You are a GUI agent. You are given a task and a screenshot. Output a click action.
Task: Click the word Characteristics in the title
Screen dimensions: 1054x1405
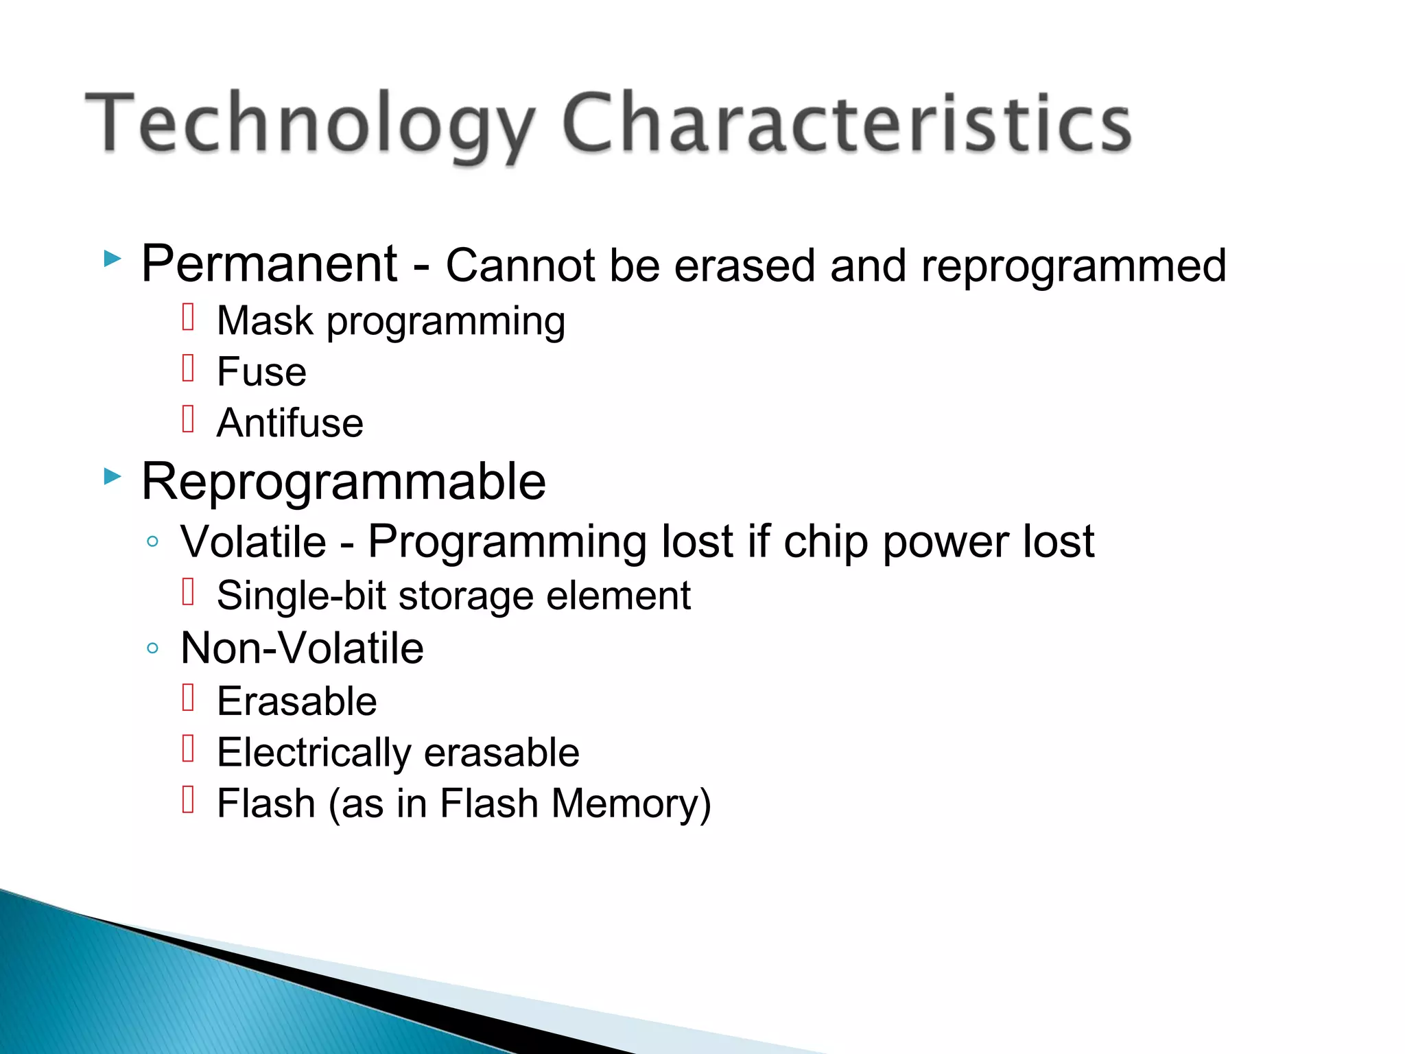(847, 124)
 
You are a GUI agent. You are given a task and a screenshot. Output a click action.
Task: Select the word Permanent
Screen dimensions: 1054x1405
(269, 264)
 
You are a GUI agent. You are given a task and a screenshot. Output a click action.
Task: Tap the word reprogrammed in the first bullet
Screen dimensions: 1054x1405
(1073, 266)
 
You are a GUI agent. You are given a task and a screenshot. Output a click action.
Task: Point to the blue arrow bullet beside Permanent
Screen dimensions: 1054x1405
(113, 259)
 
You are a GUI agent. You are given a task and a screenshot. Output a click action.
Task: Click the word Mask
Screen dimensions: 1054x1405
(265, 320)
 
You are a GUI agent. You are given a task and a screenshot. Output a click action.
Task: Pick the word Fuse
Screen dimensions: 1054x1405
(261, 372)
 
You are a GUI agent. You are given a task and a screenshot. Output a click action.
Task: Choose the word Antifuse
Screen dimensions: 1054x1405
(290, 423)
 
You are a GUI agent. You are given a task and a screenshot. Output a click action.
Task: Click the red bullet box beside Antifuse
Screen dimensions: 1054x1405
(189, 419)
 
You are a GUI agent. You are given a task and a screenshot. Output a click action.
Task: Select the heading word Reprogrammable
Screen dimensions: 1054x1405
(344, 482)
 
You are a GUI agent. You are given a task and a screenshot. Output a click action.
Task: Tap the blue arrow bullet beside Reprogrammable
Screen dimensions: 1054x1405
(113, 476)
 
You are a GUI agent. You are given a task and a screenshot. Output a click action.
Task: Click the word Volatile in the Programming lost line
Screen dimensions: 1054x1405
(253, 542)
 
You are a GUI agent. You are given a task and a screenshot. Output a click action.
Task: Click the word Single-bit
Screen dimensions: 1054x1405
(301, 595)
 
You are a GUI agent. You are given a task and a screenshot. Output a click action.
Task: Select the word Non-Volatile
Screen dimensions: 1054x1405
(302, 648)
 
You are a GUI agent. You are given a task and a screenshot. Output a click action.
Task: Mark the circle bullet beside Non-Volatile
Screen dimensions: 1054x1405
(153, 648)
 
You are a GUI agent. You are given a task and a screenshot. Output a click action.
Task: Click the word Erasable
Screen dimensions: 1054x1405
(296, 701)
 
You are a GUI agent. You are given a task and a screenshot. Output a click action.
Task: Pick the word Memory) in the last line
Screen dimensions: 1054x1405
(631, 804)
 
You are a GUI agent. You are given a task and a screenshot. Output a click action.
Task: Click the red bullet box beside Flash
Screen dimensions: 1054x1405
(189, 799)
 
